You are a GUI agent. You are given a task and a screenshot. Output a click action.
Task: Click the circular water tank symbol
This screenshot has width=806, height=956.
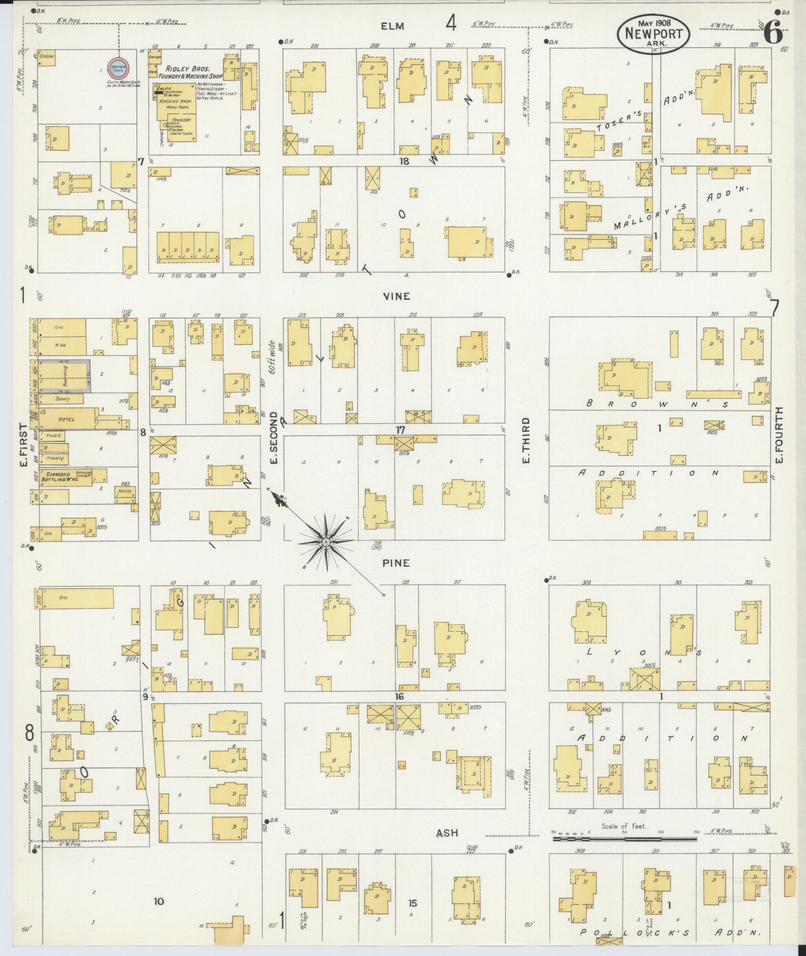[x=119, y=67]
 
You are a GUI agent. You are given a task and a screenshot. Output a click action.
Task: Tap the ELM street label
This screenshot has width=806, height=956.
[x=392, y=26]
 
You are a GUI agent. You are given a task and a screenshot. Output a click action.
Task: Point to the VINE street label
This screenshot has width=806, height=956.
[x=396, y=296]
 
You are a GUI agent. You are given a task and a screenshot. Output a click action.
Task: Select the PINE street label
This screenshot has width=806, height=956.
[x=396, y=563]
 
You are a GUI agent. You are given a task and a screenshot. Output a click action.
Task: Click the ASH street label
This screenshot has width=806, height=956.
[x=447, y=833]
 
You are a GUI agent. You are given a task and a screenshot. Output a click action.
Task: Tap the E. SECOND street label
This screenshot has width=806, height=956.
[x=273, y=438]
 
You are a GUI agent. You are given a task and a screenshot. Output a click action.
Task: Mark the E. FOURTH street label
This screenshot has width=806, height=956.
[x=779, y=435]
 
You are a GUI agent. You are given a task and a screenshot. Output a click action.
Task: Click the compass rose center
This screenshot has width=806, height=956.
[x=326, y=542]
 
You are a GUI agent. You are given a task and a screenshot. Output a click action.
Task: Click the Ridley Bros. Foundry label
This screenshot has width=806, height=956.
[x=184, y=72]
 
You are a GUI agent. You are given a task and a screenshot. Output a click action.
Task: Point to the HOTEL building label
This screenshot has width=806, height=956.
[x=66, y=419]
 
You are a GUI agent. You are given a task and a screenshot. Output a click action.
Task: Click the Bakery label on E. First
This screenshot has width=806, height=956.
[x=63, y=399]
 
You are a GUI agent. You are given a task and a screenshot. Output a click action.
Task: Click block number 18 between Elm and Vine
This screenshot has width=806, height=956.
[x=404, y=161]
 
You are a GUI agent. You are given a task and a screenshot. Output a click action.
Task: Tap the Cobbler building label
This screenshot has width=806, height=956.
[x=48, y=56]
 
